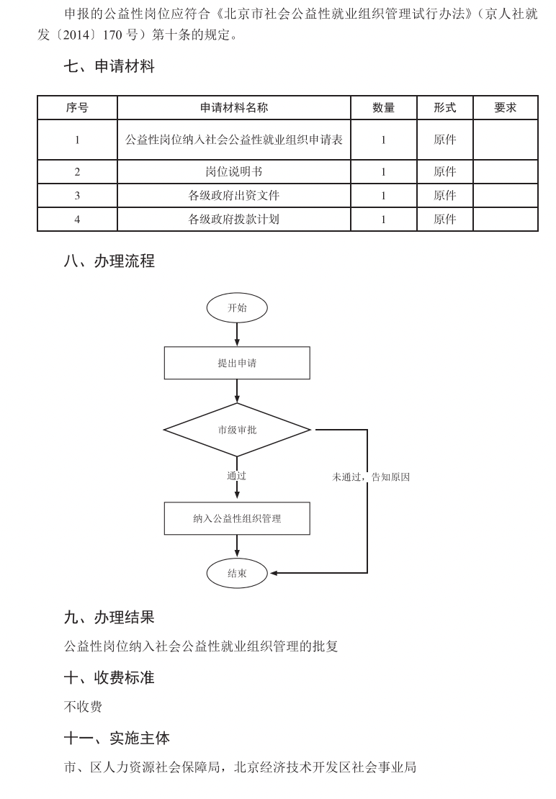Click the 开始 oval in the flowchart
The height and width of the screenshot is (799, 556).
[x=237, y=308]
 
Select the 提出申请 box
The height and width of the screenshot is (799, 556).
[x=237, y=364]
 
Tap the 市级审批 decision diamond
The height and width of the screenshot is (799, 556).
[x=237, y=430]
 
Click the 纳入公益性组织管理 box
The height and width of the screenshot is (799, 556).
[x=237, y=518]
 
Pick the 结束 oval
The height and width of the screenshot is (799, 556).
[x=237, y=574]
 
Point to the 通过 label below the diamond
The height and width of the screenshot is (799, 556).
[x=237, y=476]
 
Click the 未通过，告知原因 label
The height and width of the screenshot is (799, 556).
[x=370, y=477]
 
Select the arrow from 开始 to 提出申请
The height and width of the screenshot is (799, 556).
[x=237, y=335]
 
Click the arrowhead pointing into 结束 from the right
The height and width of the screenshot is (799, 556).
[x=274, y=574]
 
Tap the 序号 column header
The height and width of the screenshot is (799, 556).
[x=77, y=108]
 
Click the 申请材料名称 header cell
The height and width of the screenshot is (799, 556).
[x=234, y=108]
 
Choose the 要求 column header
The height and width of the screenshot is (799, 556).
[x=505, y=108]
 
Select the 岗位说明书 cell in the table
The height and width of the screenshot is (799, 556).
[x=234, y=172]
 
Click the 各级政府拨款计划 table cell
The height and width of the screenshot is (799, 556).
[x=234, y=220]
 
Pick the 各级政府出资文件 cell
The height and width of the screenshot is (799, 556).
[x=234, y=196]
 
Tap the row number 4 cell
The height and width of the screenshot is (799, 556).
[x=77, y=220]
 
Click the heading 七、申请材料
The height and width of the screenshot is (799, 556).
[x=109, y=67]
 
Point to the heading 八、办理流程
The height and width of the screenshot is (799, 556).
[x=109, y=261]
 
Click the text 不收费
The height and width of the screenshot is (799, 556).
[x=83, y=707]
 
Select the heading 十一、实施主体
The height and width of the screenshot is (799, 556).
[x=117, y=739]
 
